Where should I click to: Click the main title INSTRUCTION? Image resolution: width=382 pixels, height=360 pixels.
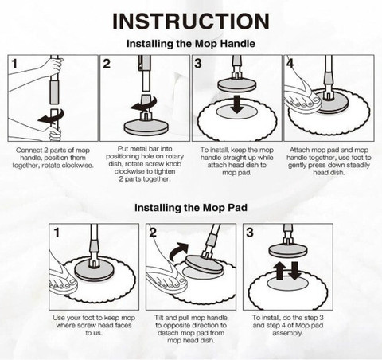point(191,22)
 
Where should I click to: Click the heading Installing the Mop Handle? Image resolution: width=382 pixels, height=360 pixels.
point(191,44)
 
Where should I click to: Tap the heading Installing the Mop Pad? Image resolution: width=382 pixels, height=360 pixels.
point(191,208)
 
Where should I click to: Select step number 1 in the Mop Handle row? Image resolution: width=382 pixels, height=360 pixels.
point(14,64)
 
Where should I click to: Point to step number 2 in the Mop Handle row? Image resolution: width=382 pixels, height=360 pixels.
point(107,64)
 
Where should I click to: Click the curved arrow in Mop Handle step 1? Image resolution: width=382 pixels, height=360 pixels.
point(52,117)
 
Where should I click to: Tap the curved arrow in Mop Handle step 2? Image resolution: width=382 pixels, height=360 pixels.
point(144,104)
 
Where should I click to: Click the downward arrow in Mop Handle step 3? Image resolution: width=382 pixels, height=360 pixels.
point(237,104)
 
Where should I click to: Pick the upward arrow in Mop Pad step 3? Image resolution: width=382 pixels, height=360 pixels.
point(279,270)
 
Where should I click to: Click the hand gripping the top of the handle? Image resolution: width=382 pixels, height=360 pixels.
point(54,66)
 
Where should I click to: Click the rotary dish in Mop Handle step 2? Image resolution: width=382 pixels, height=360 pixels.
point(146,127)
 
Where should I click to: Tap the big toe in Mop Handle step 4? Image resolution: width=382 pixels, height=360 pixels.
point(316,100)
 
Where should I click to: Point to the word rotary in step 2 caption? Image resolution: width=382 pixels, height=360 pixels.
point(173,156)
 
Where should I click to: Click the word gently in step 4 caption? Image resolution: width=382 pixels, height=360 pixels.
point(297,165)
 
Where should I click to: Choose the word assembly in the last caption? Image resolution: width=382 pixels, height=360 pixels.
point(287,333)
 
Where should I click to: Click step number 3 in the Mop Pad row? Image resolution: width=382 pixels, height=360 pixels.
point(250,233)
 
